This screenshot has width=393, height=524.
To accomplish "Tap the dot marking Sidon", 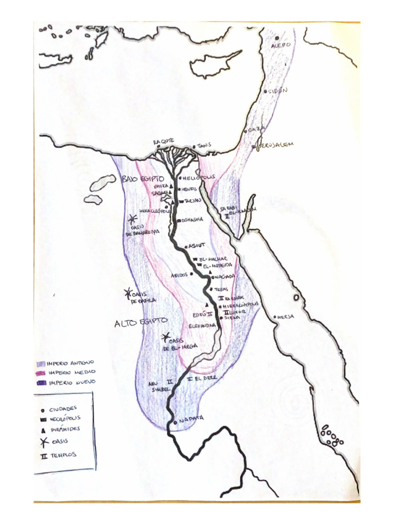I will click(266, 92).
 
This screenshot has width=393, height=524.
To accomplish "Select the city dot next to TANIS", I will click(194, 147).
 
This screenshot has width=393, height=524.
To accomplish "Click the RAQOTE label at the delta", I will click(164, 142).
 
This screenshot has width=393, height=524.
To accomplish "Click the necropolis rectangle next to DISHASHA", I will click(179, 220).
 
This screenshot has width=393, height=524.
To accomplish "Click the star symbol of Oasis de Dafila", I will click(128, 293).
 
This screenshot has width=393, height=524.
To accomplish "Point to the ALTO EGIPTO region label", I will click(140, 322).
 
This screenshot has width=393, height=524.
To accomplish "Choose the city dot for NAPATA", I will click(174, 422).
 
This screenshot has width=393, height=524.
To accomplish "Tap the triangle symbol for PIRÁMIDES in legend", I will click(43, 430).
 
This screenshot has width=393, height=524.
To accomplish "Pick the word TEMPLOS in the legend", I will click(63, 454).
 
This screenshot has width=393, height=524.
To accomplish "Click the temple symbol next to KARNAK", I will click(221, 298).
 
